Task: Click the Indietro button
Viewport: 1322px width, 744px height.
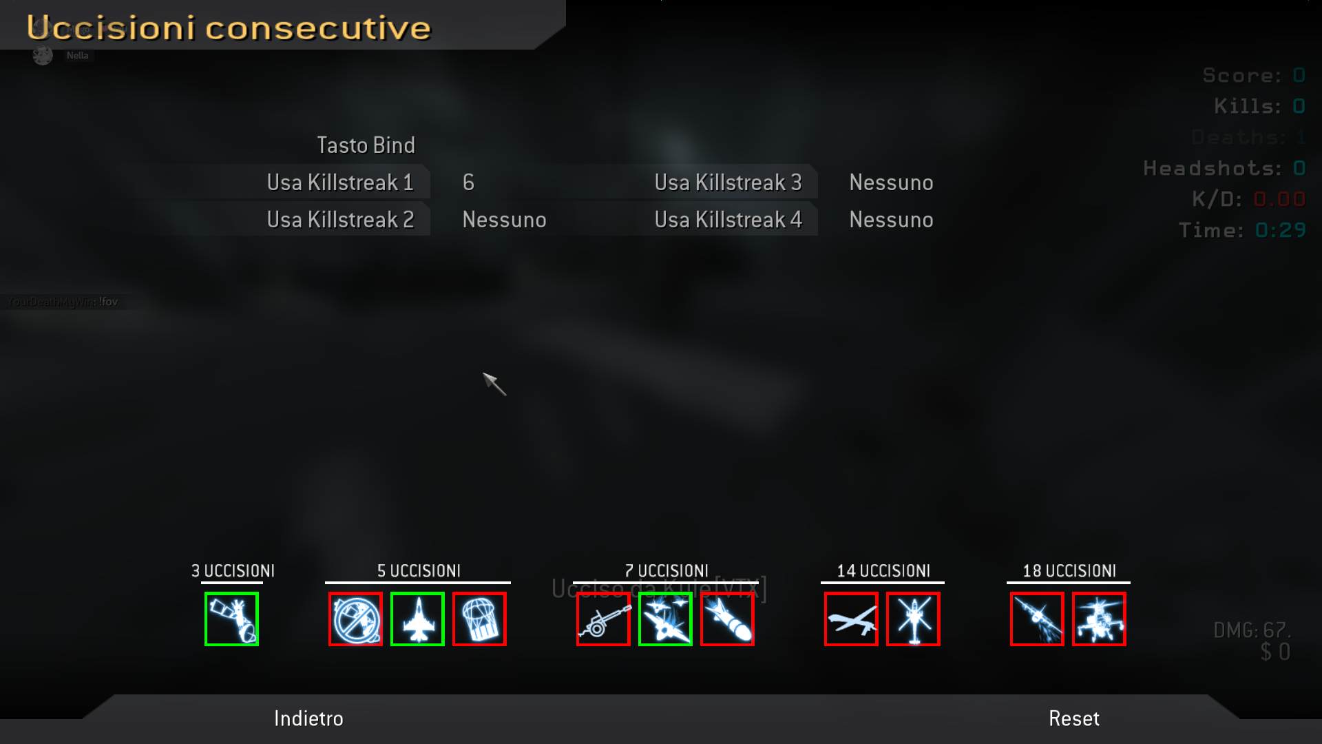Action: point(308,719)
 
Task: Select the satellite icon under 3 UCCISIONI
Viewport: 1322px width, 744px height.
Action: point(231,619)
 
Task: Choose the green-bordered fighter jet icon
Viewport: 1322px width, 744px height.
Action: point(417,619)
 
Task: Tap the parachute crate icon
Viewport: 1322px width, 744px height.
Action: point(479,619)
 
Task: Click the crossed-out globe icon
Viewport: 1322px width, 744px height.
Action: point(355,619)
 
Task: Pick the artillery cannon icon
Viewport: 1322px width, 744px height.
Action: point(603,619)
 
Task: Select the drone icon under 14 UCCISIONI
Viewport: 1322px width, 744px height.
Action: point(851,619)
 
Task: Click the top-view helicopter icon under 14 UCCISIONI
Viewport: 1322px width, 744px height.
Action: point(913,619)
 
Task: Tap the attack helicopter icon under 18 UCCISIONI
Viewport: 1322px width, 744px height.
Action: point(1099,619)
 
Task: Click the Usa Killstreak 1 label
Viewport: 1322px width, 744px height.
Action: point(340,183)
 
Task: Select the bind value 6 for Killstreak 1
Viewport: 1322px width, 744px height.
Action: point(468,183)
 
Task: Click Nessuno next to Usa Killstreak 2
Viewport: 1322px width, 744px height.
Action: point(504,220)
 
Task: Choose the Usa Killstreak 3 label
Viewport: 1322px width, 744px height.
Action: point(728,183)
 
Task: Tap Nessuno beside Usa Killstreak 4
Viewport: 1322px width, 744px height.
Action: point(891,220)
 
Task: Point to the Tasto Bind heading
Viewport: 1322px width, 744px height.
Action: point(366,145)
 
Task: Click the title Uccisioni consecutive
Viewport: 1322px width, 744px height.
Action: point(229,28)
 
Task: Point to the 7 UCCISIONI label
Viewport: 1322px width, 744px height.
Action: point(666,571)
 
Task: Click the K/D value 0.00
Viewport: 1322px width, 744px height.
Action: point(1279,199)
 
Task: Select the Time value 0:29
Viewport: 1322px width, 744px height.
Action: point(1280,230)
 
